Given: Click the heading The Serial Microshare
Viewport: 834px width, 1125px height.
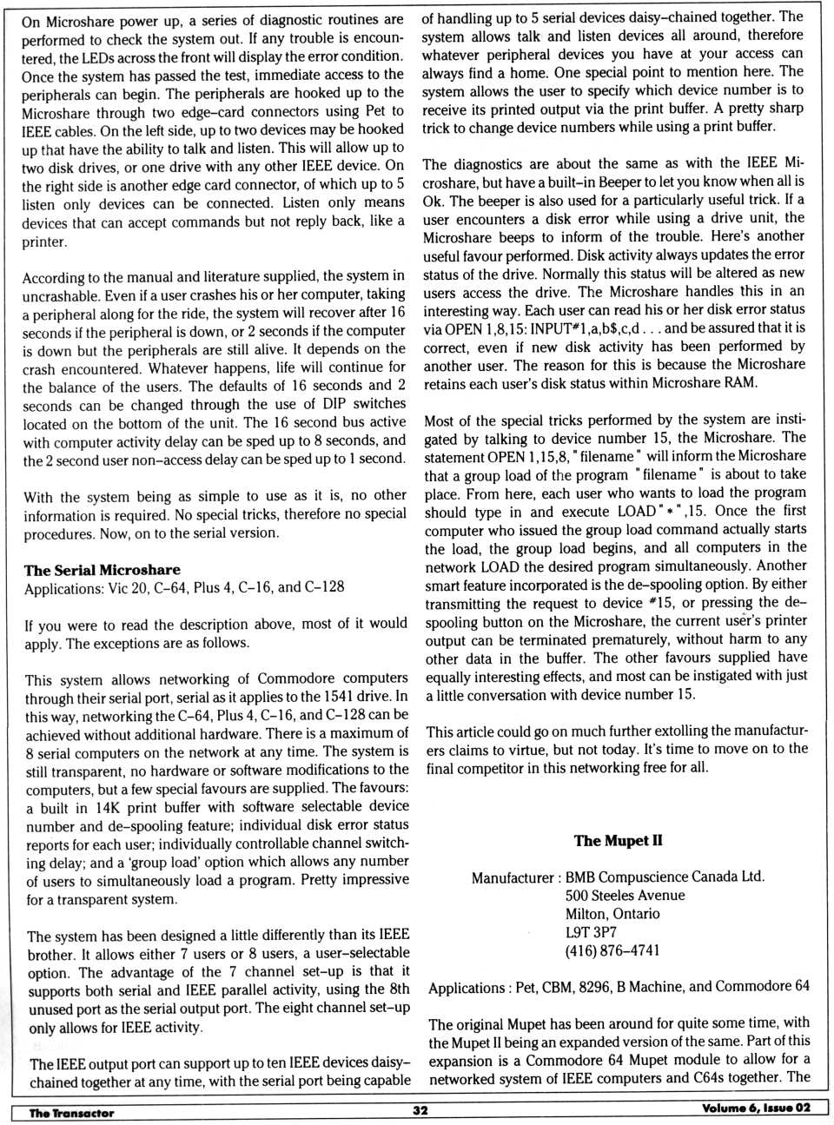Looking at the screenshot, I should pos(102,570).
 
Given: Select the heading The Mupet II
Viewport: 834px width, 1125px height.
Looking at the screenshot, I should pos(618,840).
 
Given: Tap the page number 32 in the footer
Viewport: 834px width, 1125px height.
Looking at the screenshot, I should pos(420,1109).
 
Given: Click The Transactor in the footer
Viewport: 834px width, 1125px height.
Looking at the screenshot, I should pos(71,1113).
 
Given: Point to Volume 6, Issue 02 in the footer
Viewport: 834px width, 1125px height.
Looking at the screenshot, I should pos(756,1108).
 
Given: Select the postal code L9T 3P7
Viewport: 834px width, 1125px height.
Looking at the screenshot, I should pos(591,932).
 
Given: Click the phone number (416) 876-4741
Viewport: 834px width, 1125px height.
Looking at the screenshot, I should pos(612,950).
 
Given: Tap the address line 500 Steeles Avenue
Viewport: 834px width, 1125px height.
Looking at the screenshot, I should pos(625,896).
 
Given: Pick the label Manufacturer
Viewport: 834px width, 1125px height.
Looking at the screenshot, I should pos(512,877).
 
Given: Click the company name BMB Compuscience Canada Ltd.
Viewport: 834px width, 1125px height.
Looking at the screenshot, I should pos(665,877).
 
